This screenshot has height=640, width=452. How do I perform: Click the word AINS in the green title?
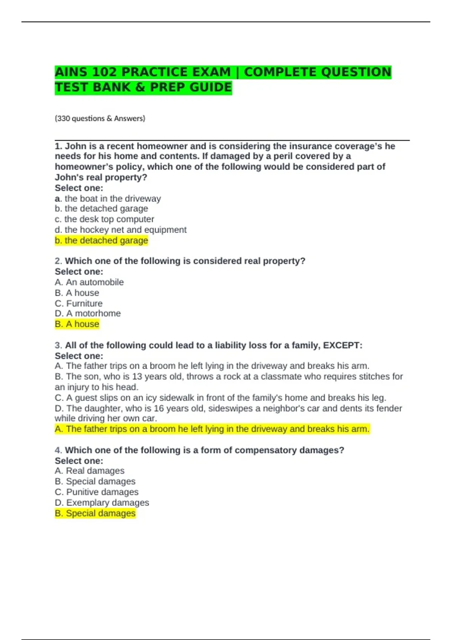71,72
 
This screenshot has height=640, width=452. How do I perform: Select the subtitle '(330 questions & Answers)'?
100,119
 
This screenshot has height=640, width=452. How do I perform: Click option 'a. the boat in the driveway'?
108,198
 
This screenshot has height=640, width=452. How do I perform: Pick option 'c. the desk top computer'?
104,219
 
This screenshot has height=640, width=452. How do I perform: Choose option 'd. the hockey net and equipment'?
121,230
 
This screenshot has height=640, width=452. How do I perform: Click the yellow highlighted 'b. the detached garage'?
101,240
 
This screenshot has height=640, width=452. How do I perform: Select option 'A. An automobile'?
89,282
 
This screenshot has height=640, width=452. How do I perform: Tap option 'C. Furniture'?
78,303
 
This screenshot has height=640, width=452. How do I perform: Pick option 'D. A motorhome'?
87,313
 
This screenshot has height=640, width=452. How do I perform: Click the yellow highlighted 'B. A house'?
77,324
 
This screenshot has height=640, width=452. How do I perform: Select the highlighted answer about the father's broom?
212,429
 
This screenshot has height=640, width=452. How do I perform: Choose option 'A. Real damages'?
89,471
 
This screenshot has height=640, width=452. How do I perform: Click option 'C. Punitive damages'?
96,492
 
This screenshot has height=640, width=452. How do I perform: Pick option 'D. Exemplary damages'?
102,503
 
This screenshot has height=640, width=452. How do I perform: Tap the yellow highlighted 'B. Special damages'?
95,513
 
